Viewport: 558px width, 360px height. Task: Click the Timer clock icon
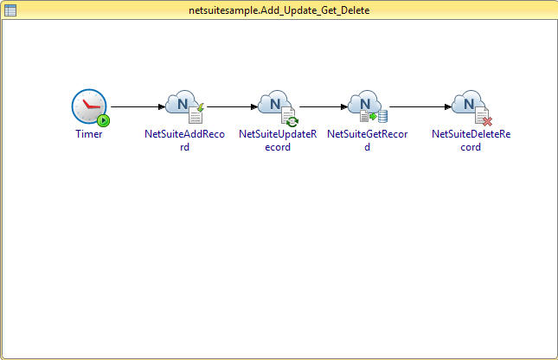[x=89, y=106]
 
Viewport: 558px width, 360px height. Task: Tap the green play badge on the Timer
[x=104, y=120]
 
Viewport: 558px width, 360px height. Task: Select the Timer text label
[x=89, y=134]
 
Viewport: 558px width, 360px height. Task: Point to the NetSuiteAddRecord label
[x=184, y=140]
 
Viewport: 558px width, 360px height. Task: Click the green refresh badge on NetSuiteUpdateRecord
[x=292, y=121]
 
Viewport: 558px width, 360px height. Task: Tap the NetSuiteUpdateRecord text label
[x=278, y=140]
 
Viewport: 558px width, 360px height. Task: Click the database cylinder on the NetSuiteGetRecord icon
[x=382, y=117]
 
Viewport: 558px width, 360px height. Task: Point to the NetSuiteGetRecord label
[x=368, y=140]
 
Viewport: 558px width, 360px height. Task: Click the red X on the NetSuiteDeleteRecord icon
[x=487, y=121]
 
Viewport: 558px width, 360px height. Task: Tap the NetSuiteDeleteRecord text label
[x=471, y=140]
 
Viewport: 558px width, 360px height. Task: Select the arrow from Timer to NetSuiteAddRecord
[x=138, y=106]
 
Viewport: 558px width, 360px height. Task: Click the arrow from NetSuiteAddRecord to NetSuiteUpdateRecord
[x=232, y=106]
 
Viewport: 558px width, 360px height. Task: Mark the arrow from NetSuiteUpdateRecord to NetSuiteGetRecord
[x=324, y=106]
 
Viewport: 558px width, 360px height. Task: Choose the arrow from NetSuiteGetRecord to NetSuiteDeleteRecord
[x=420, y=106]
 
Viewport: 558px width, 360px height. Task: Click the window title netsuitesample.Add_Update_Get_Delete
[x=279, y=10]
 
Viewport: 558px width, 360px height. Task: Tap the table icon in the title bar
[x=10, y=10]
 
